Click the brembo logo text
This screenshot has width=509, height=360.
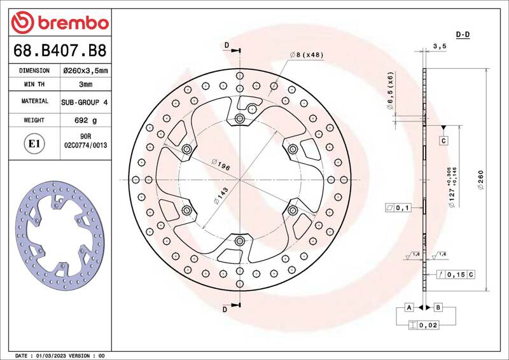[x=73, y=23]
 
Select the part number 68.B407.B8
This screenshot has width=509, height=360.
[x=60, y=51]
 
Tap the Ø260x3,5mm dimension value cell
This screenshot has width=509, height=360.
[x=86, y=71]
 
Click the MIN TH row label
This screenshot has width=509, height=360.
[x=34, y=84]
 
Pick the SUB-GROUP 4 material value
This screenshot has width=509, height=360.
[x=85, y=102]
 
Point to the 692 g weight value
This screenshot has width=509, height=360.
[x=86, y=120]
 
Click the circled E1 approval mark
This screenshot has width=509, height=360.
[x=34, y=143]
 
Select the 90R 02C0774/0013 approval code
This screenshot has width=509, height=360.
[x=86, y=141]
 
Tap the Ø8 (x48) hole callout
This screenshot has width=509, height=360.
[x=307, y=55]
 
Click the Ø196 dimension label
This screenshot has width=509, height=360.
[x=221, y=165]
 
